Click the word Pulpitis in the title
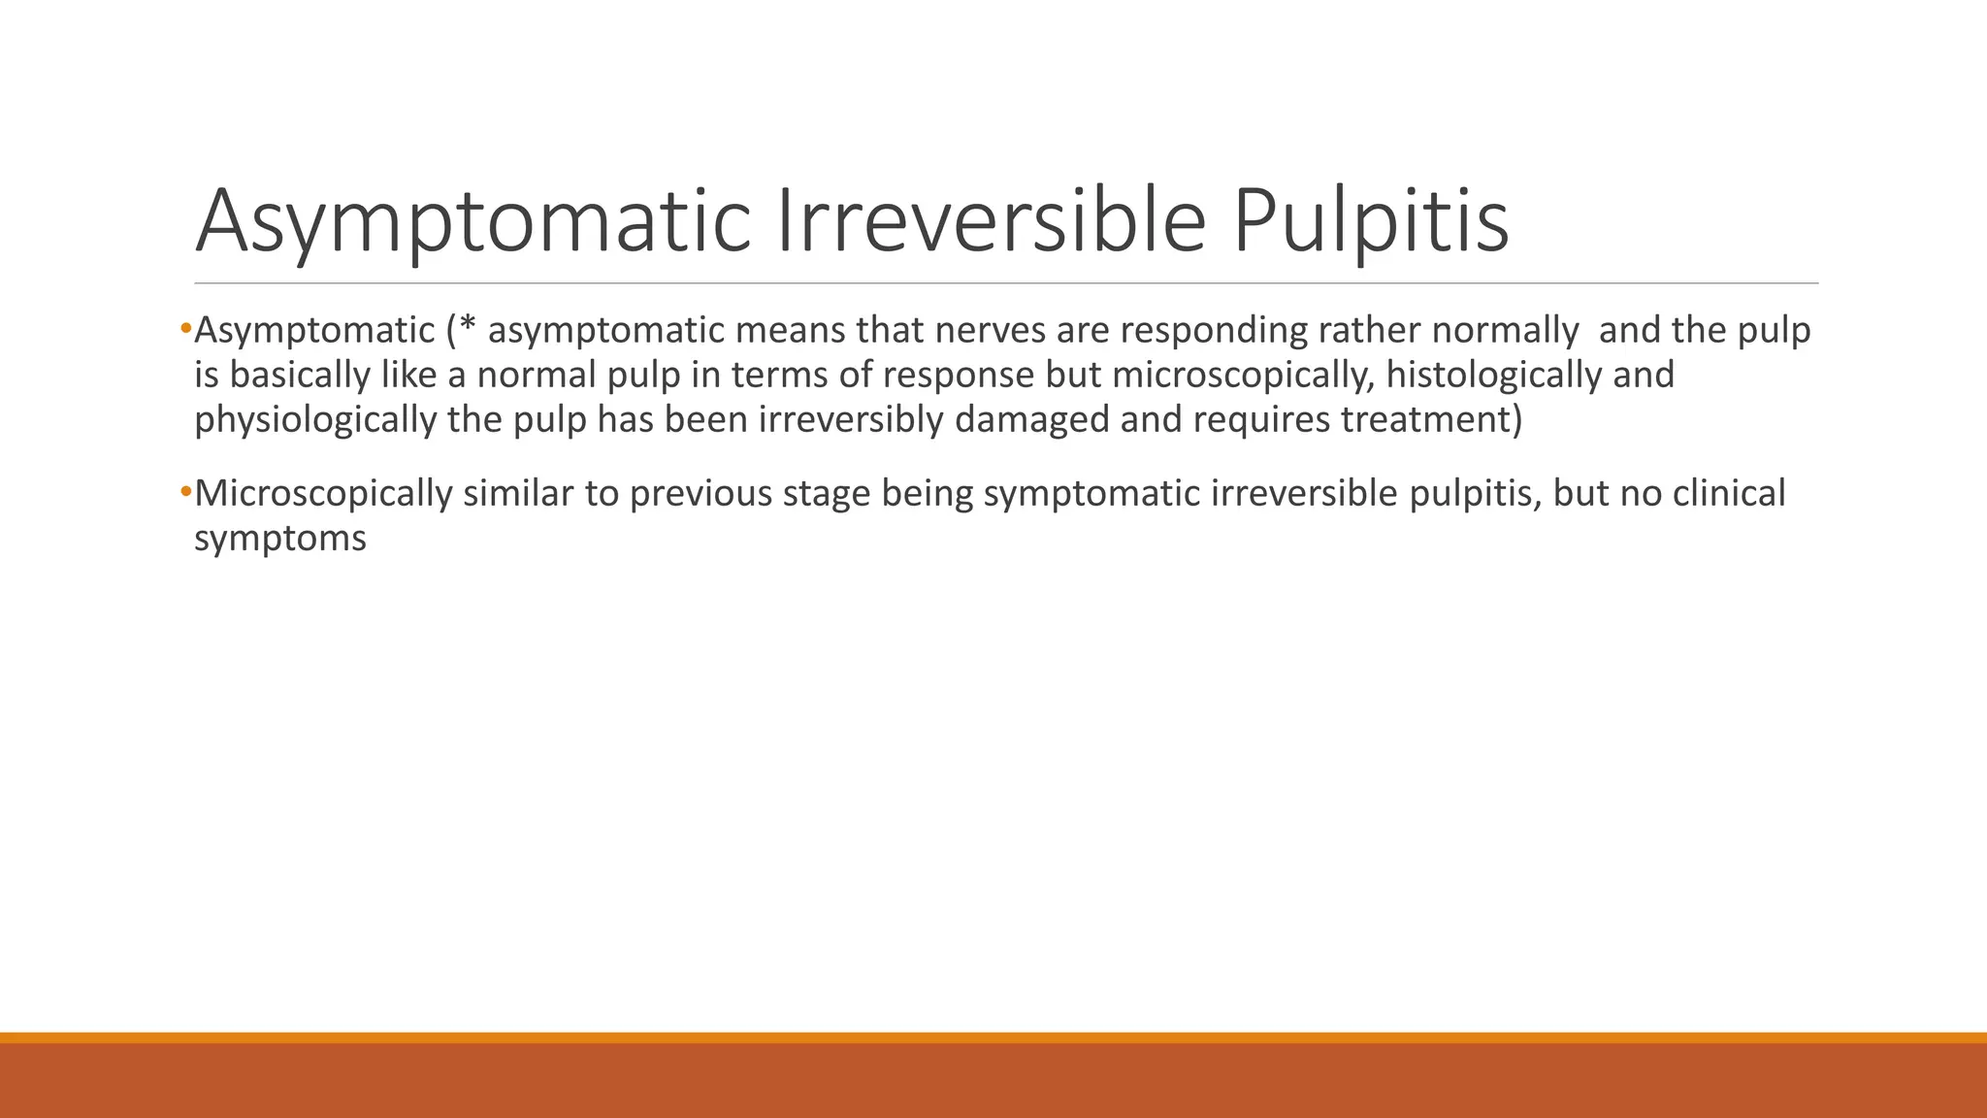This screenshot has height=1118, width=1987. click(1371, 221)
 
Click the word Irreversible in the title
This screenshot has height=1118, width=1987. click(990, 221)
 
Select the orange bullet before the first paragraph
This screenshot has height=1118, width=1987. click(186, 330)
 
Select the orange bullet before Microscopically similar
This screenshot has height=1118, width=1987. click(186, 493)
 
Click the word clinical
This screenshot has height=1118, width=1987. click(1729, 494)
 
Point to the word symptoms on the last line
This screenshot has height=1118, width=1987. click(280, 539)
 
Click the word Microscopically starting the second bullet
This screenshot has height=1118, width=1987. click(323, 494)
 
